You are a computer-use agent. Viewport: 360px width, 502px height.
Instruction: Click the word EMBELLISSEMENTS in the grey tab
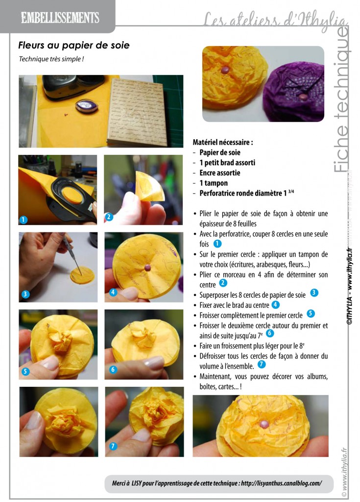60,17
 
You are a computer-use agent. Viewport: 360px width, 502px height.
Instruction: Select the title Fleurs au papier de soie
74,45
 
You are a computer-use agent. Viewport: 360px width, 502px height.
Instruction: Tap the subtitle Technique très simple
51,59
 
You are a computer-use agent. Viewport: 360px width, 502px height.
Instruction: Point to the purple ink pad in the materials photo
86,106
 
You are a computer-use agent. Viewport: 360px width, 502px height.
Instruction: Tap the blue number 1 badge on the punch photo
24,220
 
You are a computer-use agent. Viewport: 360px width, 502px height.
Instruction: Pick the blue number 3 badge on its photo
25,294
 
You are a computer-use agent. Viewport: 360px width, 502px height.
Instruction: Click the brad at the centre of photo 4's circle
147,268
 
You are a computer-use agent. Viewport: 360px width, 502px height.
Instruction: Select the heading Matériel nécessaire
223,142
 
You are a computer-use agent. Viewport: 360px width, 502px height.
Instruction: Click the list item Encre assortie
220,173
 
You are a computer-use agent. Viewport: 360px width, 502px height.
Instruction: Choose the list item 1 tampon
214,183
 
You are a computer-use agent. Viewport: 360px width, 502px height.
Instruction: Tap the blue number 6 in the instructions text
270,333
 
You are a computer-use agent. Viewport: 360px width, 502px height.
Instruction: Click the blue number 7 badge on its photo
113,446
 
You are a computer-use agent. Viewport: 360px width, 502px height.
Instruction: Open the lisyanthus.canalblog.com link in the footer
281,483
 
